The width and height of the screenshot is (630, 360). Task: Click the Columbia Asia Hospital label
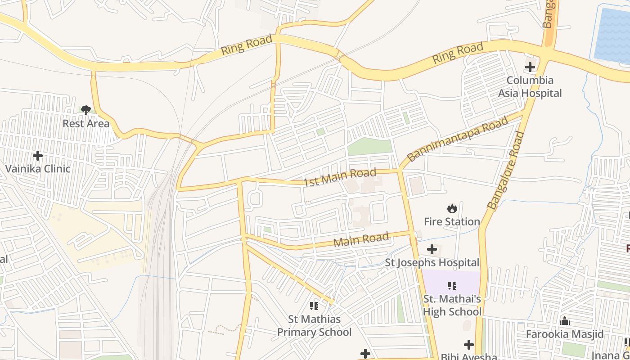530,87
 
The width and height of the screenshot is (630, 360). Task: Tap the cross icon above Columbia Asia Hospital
530,67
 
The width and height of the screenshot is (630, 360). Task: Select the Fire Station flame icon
452,208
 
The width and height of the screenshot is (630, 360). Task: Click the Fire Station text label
452,221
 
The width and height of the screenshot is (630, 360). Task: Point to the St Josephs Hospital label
432,262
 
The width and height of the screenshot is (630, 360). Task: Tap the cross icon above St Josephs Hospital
432,249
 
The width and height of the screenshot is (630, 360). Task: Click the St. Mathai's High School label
452,305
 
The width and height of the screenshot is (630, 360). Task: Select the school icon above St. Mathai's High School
452,285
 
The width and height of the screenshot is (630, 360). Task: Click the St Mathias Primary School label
314,326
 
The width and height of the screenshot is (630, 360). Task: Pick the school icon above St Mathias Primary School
314,306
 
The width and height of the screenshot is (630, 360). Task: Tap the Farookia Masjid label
565,334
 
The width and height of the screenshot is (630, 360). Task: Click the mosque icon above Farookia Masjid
565,321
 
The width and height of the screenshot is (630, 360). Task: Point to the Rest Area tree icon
86,110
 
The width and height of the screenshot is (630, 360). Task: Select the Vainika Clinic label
38,169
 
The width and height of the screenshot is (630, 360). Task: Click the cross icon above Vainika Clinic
38,156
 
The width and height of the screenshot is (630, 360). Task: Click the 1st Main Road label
340,178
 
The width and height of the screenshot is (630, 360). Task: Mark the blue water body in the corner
613,34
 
